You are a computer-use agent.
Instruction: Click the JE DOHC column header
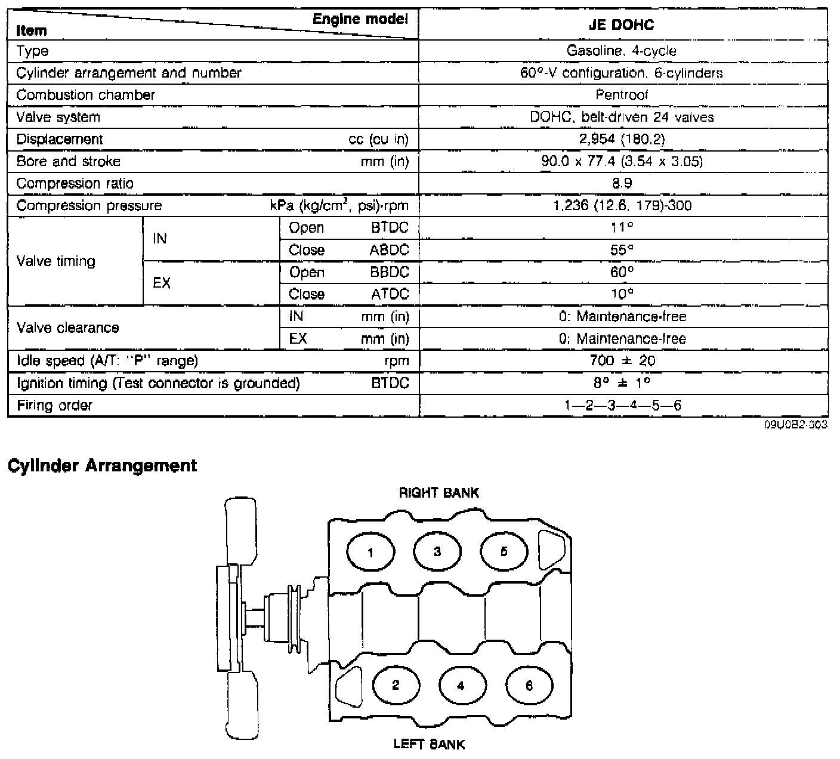(x=622, y=24)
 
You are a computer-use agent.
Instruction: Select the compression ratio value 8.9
(x=622, y=183)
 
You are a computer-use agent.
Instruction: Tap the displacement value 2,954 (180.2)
(x=622, y=139)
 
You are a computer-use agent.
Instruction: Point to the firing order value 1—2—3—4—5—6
(x=623, y=406)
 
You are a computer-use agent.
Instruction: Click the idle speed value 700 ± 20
(x=622, y=360)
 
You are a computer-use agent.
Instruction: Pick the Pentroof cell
(x=622, y=95)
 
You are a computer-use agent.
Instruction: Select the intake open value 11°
(x=622, y=227)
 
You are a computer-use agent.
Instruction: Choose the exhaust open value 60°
(x=622, y=272)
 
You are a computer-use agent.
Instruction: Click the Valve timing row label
(x=56, y=261)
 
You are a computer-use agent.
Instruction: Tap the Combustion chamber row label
(x=86, y=95)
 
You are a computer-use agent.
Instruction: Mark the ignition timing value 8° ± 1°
(x=622, y=382)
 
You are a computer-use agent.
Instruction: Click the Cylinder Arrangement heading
(x=102, y=465)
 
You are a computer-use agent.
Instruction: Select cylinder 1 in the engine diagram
(x=370, y=552)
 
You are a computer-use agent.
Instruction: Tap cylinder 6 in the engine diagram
(x=529, y=686)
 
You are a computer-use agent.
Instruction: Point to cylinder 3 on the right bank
(x=437, y=551)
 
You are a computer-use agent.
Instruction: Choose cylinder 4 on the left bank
(x=461, y=686)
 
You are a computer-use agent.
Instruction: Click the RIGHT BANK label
(x=438, y=493)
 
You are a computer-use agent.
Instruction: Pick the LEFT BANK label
(x=429, y=744)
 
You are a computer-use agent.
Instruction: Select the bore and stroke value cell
(x=622, y=161)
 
